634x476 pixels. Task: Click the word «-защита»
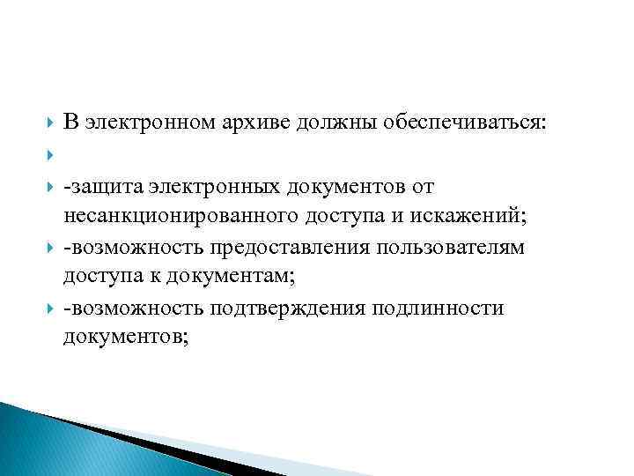[x=101, y=187]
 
